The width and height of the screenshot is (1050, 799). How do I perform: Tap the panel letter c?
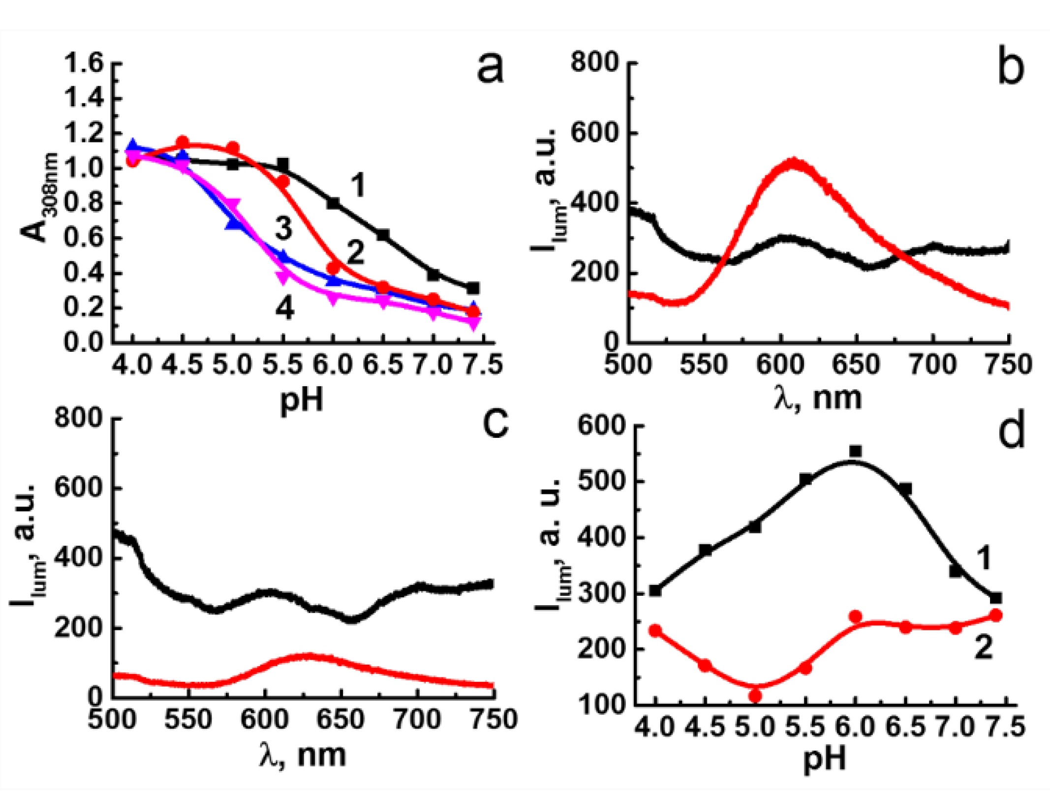[495, 424]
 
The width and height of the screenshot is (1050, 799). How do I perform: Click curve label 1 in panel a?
[358, 185]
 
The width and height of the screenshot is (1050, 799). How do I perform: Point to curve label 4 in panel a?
[284, 308]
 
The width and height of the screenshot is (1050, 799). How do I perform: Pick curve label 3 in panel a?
[283, 229]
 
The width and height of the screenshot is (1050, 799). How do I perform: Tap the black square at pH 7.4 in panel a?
[473, 288]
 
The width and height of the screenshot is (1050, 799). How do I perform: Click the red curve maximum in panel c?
[308, 657]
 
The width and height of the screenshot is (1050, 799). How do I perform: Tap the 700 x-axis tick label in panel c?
[418, 720]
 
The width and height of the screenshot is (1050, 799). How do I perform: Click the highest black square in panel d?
[855, 451]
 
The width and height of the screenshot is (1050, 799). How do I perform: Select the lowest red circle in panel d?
[755, 696]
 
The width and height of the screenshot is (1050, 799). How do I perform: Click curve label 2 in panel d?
[983, 647]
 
